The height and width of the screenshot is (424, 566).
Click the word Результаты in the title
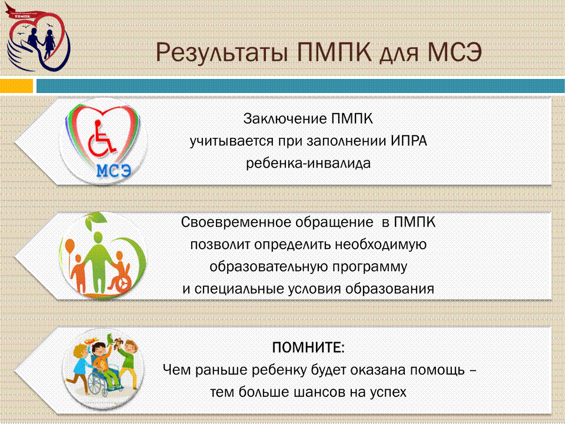click(222, 52)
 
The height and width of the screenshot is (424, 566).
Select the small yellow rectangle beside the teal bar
click(16, 86)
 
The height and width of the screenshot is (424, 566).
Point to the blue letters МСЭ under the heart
click(114, 170)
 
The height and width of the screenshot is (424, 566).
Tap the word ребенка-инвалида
click(308, 163)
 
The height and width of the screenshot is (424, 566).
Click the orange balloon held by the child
click(70, 246)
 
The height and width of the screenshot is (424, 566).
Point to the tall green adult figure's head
click(98, 237)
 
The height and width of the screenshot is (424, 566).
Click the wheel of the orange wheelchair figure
click(121, 284)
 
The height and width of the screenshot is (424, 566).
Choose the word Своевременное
click(235, 222)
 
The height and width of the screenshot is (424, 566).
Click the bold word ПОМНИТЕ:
click(308, 347)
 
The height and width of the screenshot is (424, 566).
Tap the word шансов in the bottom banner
click(321, 392)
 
